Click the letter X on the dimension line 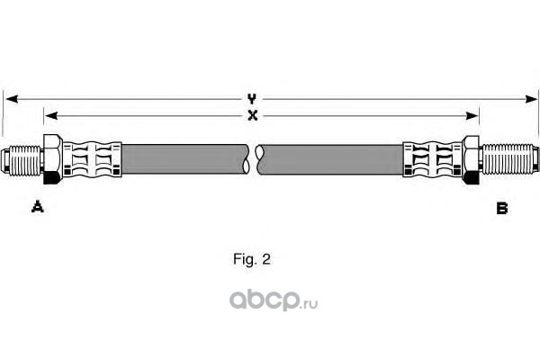(253, 115)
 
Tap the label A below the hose (37, 208)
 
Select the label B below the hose (501, 208)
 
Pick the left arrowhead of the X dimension (49, 115)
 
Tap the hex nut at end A (51, 160)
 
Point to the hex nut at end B (471, 160)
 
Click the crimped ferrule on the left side (93, 160)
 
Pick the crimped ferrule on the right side (432, 160)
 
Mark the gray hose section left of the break (184, 160)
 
